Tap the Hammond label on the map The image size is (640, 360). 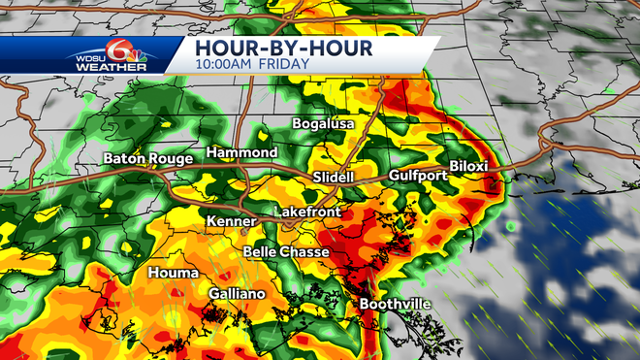coord(241,153)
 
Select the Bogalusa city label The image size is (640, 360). coord(324,124)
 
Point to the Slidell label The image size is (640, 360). coord(336,179)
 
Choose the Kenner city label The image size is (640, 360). coord(231,222)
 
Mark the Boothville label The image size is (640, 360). coord(395,304)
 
